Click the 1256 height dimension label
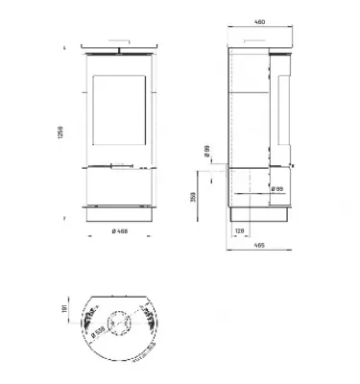coord(62,132)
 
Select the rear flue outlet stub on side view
coord(222,170)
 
